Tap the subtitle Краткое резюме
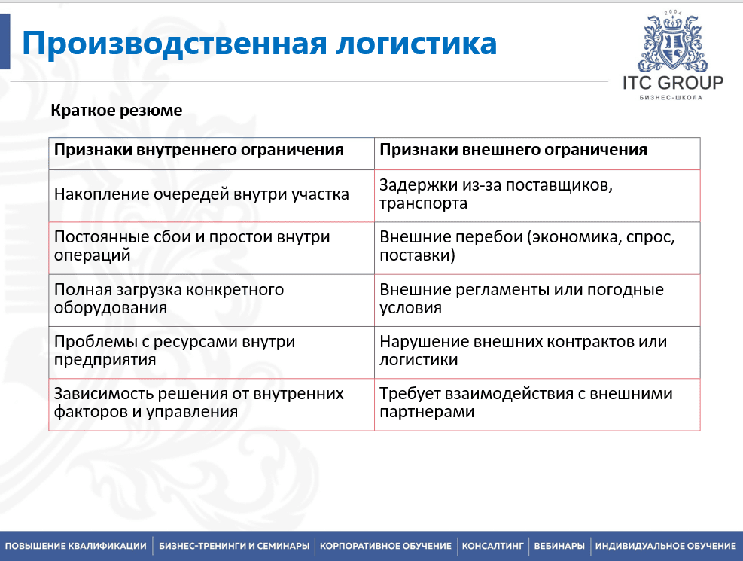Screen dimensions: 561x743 [117, 111]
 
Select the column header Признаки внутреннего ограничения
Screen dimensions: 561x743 [199, 150]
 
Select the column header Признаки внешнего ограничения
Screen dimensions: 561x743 [513, 150]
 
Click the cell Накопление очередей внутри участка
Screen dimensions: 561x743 [202, 194]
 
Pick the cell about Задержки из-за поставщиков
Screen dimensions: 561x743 [498, 194]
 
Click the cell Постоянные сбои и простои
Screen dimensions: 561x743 [192, 246]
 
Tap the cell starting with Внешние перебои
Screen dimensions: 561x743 [527, 246]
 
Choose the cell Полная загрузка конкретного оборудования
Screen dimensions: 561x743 [169, 299]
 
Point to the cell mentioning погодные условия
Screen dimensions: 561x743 [522, 299]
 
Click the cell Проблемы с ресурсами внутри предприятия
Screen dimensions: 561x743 [175, 351]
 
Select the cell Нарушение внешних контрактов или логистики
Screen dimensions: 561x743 [523, 351]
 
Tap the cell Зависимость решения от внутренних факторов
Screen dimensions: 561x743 [199, 403]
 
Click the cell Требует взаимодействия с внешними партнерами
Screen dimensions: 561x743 [525, 403]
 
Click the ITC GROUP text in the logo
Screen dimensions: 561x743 [672, 82]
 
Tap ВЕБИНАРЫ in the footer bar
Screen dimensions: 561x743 [559, 546]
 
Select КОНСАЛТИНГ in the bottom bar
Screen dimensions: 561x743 [492, 546]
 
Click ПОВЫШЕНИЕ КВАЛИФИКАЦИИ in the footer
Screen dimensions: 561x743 [76, 546]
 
